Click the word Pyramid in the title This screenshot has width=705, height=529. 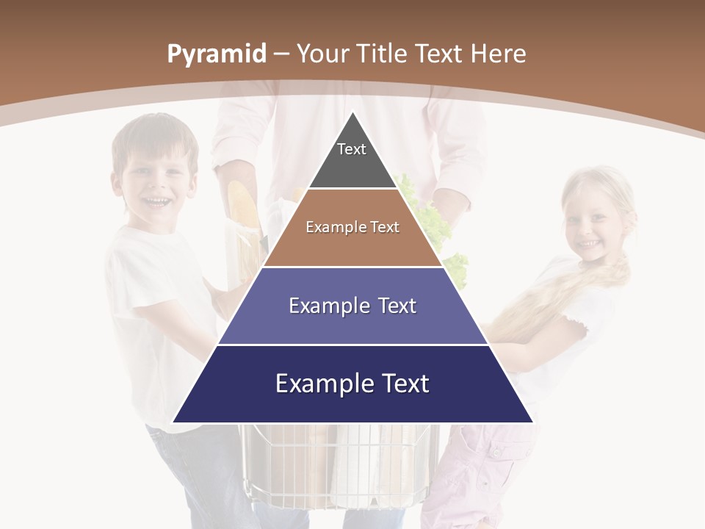point(216,54)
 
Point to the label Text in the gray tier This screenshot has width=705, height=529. point(352,149)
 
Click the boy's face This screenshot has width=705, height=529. point(156,184)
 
